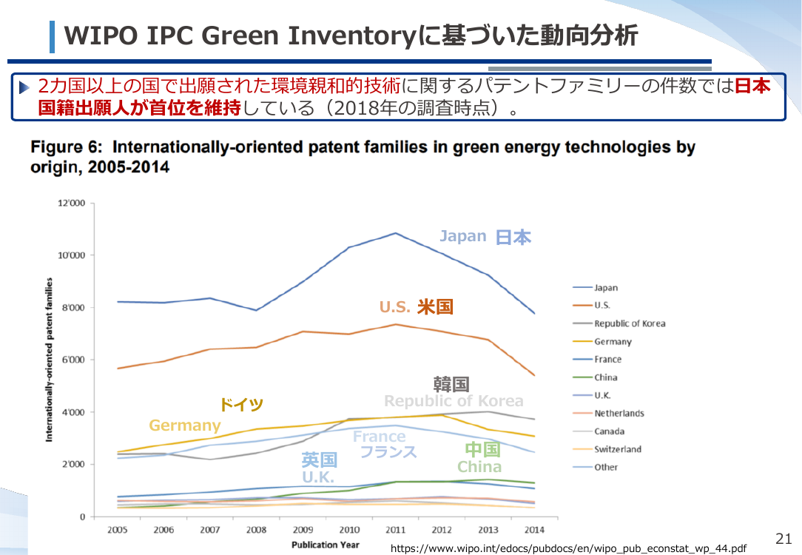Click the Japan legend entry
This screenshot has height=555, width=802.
596,287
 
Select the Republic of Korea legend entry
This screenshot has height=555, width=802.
619,323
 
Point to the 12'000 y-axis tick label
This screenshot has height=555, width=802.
72,203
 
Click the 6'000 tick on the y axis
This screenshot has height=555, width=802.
73,360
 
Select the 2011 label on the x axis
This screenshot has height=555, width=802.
395,530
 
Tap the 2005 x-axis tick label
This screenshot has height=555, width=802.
117,530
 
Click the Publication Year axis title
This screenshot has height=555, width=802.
326,545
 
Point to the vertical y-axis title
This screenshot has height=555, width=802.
49,360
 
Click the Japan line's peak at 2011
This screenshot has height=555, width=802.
395,233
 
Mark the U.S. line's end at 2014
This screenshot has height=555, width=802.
534,375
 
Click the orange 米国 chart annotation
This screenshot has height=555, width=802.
435,306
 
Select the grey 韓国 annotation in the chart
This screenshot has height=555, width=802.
451,383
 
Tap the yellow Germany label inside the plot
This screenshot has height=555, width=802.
185,425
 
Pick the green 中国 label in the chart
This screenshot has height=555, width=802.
482,449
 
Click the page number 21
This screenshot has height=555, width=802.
784,539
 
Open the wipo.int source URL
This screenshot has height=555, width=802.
568,548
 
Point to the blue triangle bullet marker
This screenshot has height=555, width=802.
24,87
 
